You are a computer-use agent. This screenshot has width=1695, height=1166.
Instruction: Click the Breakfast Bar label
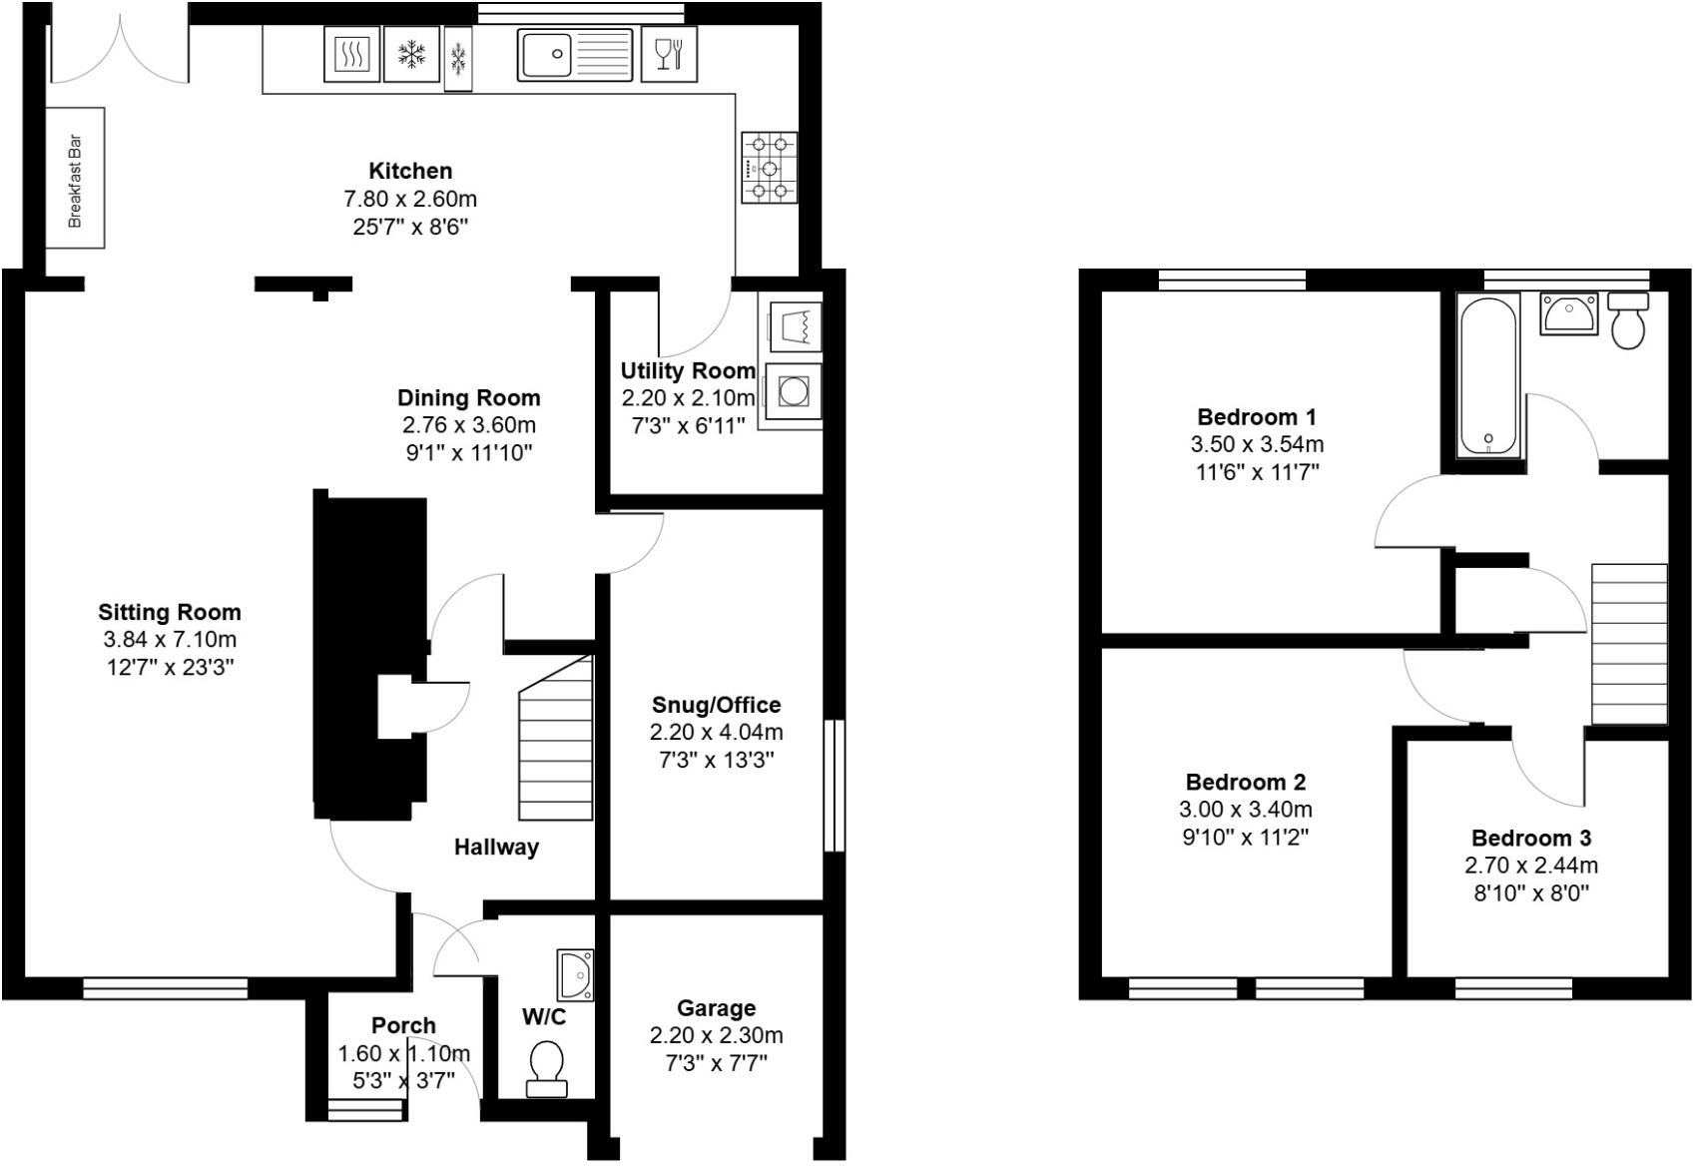coord(76,181)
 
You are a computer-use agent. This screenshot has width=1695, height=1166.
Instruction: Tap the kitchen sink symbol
coord(574,54)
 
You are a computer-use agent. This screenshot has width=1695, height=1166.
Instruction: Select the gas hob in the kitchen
coord(769,168)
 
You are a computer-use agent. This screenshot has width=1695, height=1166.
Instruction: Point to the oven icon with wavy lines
coord(352,54)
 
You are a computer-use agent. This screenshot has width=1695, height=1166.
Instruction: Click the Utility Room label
coord(688,371)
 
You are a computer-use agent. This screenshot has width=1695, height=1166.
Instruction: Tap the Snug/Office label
coord(716,705)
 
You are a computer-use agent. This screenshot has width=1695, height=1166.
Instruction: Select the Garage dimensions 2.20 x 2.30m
coord(716,1035)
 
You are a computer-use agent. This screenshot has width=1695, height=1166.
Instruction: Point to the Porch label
coord(403,1025)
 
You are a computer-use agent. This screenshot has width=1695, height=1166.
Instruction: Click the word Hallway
coord(496,848)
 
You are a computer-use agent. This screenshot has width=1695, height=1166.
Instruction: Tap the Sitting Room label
coord(170,612)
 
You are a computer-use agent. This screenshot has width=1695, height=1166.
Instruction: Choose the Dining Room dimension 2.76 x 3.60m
coord(469,425)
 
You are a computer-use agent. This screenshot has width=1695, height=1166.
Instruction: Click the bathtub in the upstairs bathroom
coord(1488,374)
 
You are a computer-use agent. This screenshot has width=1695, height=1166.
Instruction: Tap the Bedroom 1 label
coord(1257,416)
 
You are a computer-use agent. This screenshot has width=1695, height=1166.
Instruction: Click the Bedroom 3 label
coord(1531,838)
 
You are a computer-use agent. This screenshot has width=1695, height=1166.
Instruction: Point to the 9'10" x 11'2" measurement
coord(1246,837)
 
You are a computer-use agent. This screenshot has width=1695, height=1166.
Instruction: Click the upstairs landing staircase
coord(1628,644)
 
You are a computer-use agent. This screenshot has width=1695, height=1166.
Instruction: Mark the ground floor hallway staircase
coord(555,739)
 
